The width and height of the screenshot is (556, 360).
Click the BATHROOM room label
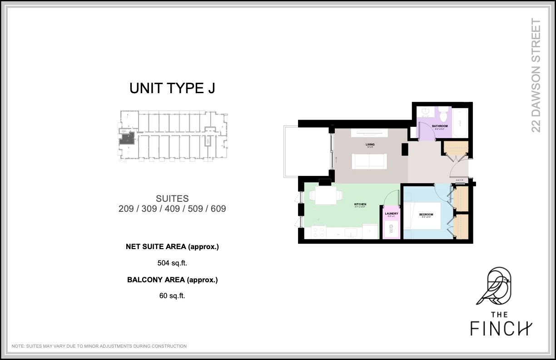440,126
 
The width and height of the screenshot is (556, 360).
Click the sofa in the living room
369,161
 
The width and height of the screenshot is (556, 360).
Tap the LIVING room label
370,145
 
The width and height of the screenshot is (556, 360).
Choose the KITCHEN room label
360,205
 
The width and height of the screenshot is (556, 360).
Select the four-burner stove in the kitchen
318,232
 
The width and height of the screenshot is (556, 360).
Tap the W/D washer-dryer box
391,229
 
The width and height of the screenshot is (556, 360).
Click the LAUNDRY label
391,214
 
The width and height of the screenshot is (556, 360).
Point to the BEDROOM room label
426,214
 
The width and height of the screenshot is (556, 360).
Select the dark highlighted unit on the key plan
127,139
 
